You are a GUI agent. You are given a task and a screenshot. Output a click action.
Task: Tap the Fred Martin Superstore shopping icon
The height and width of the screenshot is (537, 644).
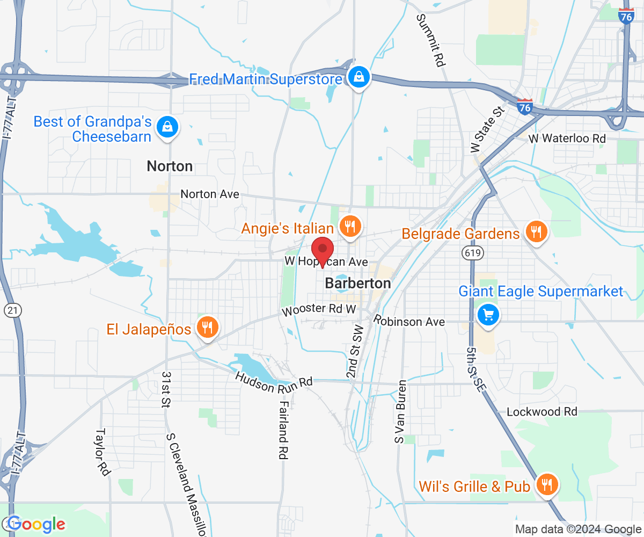point(357,77)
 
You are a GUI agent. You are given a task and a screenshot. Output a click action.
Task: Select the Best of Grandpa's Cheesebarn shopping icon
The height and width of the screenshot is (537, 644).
point(167,128)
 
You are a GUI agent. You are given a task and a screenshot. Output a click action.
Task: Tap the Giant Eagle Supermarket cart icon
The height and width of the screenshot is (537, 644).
point(488,315)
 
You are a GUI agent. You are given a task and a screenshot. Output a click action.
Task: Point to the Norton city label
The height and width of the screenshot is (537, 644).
point(170,166)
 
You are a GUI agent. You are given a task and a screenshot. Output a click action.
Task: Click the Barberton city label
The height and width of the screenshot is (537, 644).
point(358,283)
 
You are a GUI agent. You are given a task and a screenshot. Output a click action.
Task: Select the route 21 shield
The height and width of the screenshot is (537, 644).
point(12,310)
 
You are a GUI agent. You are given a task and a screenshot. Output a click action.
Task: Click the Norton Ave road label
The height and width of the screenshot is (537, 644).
point(210,194)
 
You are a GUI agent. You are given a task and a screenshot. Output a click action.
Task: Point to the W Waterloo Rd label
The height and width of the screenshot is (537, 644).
point(567,139)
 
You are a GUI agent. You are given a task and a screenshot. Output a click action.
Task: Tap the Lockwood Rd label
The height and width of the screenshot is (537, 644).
point(542,412)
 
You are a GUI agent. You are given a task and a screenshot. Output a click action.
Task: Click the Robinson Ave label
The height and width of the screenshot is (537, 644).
point(409,321)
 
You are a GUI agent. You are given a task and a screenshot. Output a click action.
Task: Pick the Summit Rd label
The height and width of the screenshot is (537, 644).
point(430,40)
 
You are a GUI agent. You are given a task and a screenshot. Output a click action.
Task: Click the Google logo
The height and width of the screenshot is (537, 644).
point(36,524)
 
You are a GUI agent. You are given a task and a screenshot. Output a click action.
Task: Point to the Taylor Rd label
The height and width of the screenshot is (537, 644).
point(102,452)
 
